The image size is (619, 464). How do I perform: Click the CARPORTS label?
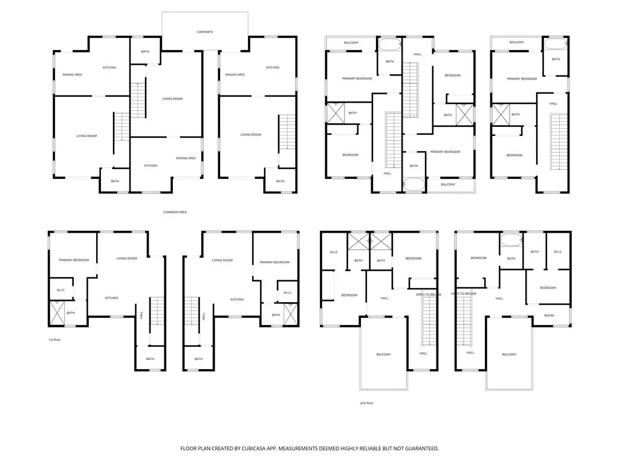coord(205,31)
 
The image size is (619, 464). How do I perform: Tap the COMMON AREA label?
coord(175,212)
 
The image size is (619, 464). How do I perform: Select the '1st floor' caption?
coord(54,340)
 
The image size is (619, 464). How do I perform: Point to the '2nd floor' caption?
coord(366,402)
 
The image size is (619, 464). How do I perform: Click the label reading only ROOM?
coord(548,315)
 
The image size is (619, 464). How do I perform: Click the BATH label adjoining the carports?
coord(145,51)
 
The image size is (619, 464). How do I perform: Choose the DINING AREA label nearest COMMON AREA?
coord(186,158)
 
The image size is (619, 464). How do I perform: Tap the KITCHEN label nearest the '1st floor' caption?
coord(111,298)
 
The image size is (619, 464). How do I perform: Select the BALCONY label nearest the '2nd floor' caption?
coord(383,355)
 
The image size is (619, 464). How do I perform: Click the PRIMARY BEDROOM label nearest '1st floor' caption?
coord(74,260)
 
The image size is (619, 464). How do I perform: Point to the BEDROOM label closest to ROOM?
coord(548,288)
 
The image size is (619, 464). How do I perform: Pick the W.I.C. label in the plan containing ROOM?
coord(557,252)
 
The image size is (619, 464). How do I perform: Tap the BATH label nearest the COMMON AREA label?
coord(115,181)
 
